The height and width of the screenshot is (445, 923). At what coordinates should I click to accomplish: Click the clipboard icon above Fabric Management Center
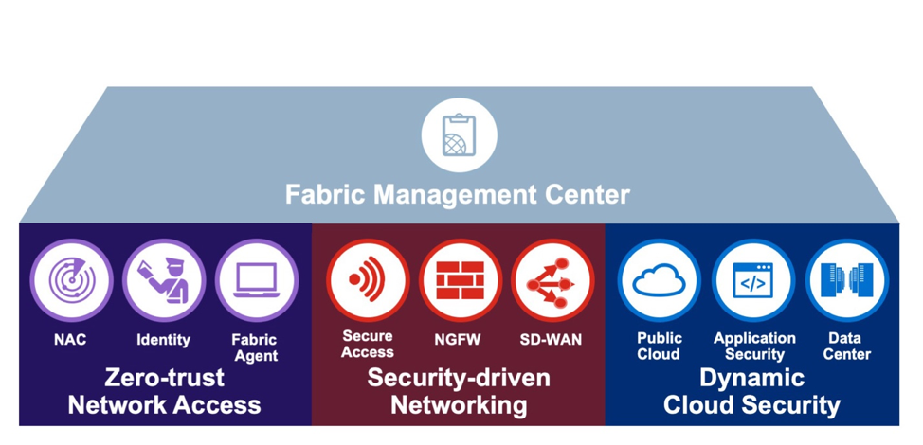459,134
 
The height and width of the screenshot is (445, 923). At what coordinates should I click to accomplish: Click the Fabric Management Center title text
458,195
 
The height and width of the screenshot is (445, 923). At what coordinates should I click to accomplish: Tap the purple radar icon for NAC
71,280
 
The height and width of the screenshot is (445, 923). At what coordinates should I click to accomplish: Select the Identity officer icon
164,280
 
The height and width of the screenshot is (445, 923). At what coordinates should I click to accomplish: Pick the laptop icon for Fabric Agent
256,280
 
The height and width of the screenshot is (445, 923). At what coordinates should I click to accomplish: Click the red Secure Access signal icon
368,280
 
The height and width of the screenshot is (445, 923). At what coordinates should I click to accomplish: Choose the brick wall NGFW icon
460,280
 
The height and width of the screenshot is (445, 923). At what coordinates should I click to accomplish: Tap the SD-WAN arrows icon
552,280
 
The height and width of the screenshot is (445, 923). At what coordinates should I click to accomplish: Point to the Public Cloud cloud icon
659,280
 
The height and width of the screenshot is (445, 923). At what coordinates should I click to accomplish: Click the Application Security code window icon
752,280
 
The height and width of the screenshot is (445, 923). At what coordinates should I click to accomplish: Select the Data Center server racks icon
845,280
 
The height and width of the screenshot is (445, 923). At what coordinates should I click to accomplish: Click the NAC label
71,340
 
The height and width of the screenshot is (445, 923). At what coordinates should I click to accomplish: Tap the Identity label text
164,340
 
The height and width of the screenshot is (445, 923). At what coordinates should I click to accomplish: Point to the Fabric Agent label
255,347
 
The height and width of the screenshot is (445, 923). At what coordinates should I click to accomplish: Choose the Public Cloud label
659,346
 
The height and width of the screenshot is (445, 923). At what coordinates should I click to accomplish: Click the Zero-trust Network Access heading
165,391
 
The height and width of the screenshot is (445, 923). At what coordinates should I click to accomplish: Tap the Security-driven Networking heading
459,391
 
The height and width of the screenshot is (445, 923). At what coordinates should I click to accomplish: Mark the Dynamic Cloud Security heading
751,391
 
